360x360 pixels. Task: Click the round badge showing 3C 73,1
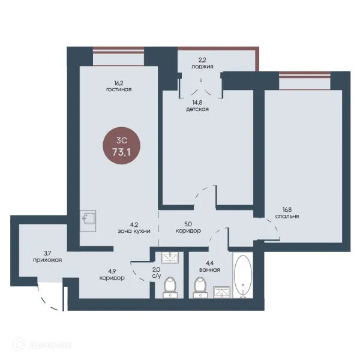coord(121,146)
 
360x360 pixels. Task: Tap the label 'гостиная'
coord(119,89)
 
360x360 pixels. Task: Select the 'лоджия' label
coord(202,67)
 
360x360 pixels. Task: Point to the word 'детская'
coord(197,109)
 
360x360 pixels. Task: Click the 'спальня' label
coord(287,216)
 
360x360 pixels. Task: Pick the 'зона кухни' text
coord(134,231)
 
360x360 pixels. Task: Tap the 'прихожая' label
coord(47,260)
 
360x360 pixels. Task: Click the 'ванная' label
coord(209,270)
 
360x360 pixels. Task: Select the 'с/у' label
coord(157,276)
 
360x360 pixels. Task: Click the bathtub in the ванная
coord(243,275)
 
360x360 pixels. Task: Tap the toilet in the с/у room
coord(170,287)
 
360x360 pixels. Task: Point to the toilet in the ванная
coord(200,287)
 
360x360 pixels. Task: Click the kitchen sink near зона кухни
coord(88,221)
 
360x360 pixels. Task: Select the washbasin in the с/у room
coord(170,257)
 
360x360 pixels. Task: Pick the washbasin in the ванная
coord(221,292)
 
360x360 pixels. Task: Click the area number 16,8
coord(287,209)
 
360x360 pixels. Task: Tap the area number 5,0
coord(188,224)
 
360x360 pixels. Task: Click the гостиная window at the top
coord(118,56)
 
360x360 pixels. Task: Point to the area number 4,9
coord(112,271)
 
